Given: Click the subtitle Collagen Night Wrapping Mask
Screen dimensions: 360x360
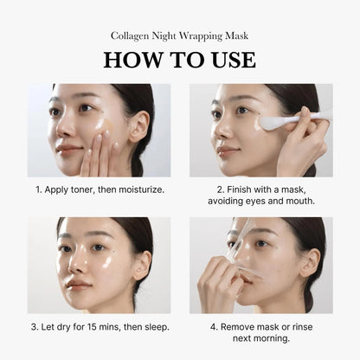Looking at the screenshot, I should pyautogui.click(x=179, y=36).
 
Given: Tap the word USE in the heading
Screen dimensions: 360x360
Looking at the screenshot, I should pyautogui.click(x=228, y=60).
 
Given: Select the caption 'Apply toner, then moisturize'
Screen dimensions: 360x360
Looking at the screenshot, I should pyautogui.click(x=99, y=188).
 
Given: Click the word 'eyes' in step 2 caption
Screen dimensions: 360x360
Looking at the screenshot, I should pyautogui.click(x=260, y=201).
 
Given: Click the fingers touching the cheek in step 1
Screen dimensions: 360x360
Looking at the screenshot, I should pyautogui.click(x=97, y=154).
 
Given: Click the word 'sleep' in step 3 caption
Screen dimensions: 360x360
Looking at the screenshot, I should pyautogui.click(x=153, y=326).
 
